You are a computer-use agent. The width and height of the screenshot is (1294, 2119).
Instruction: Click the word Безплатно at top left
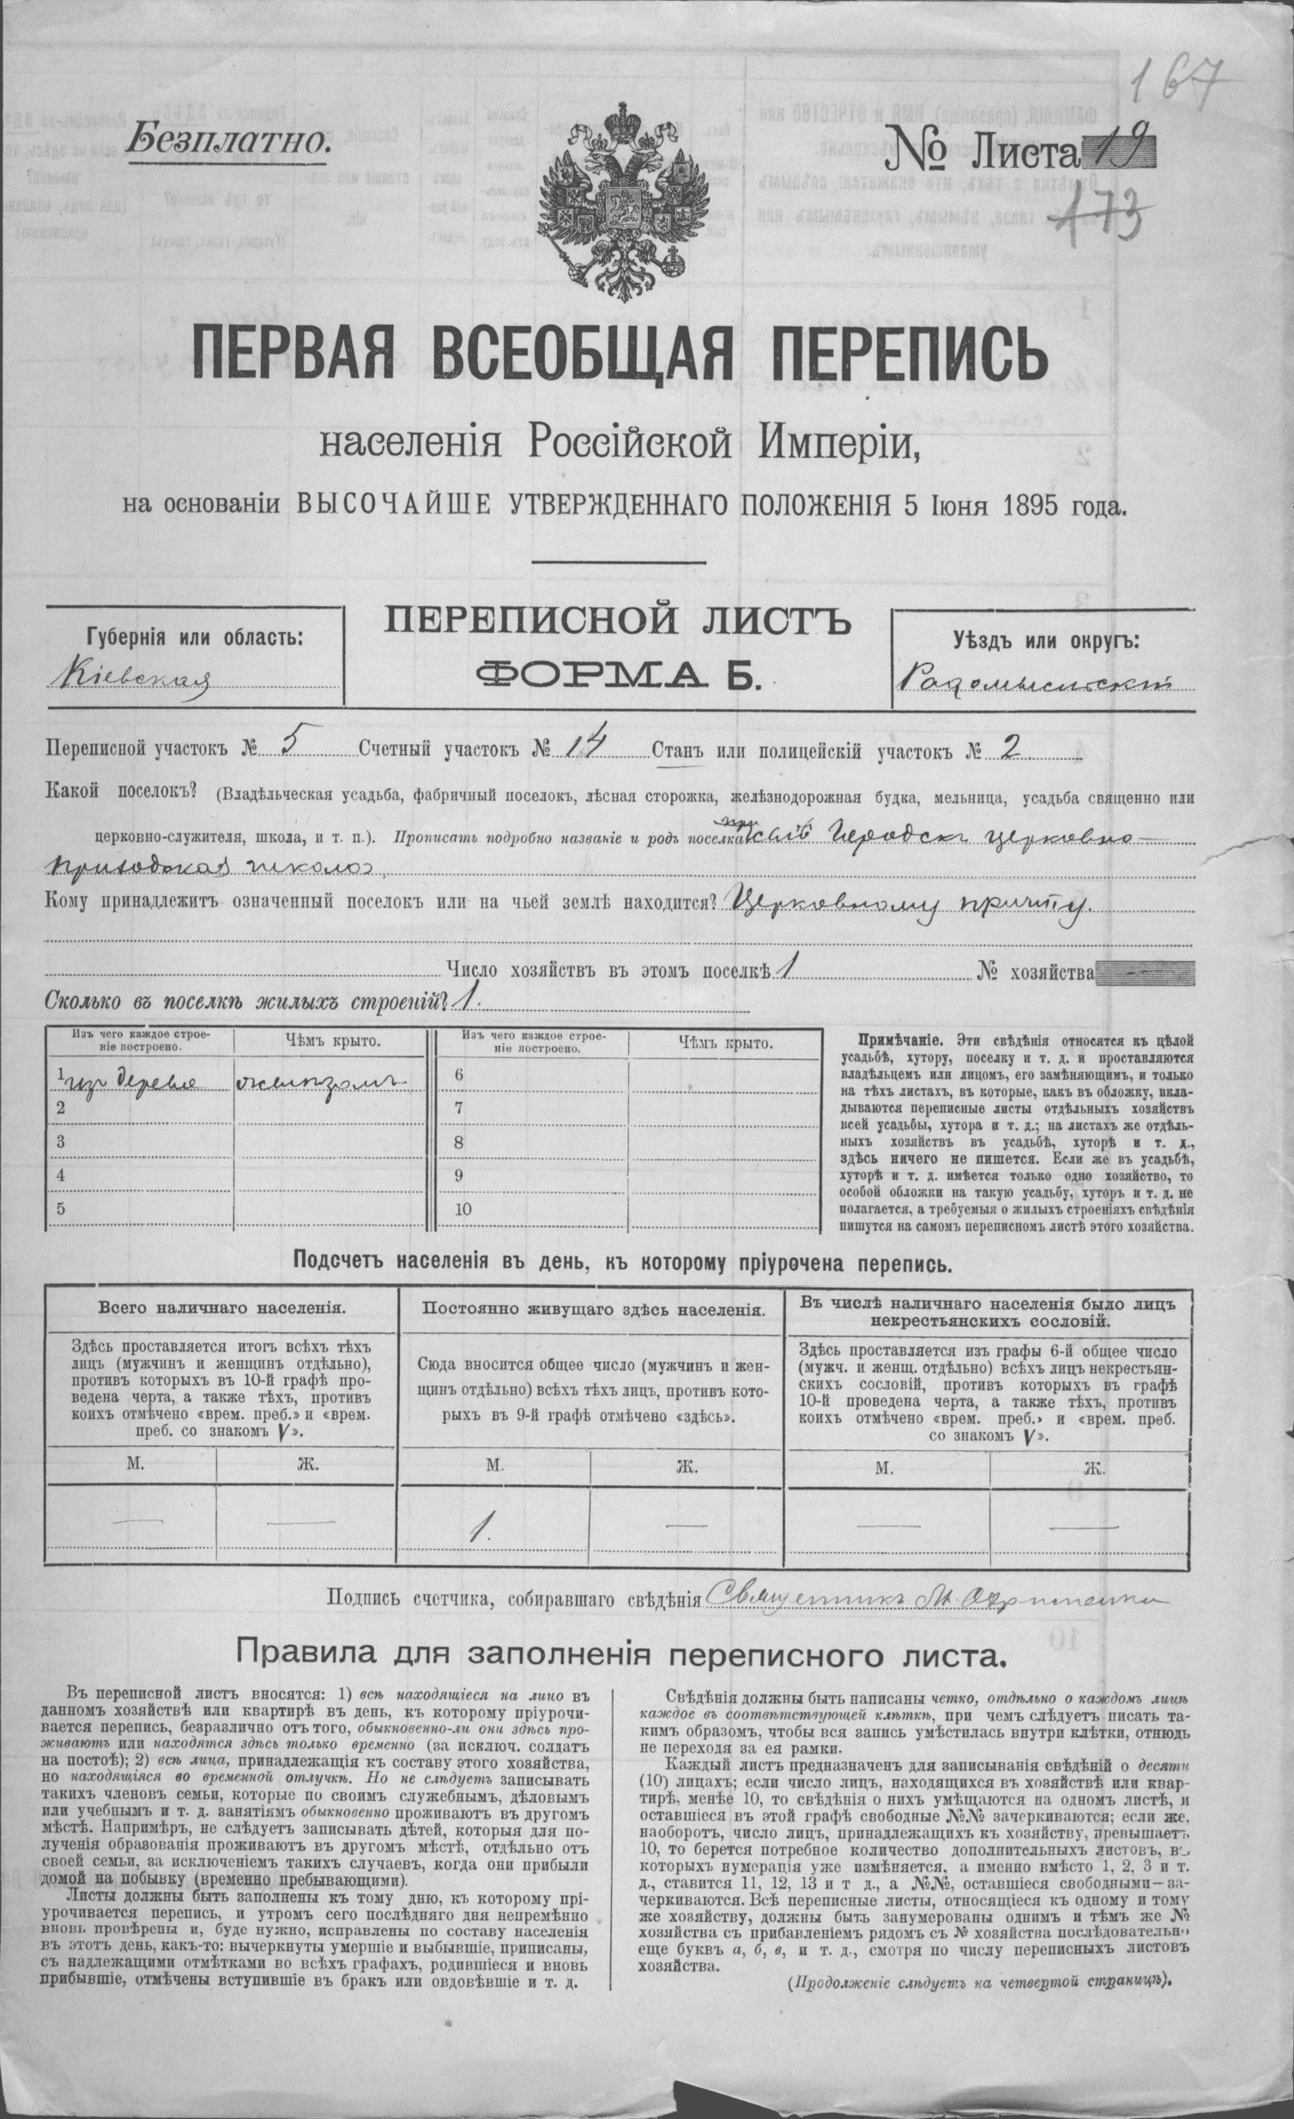(x=227, y=138)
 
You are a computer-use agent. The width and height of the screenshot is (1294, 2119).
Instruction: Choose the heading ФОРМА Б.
(x=617, y=677)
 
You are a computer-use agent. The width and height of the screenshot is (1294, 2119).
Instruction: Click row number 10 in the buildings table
(x=463, y=1209)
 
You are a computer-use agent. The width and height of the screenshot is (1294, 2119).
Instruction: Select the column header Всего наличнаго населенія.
(x=222, y=1308)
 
